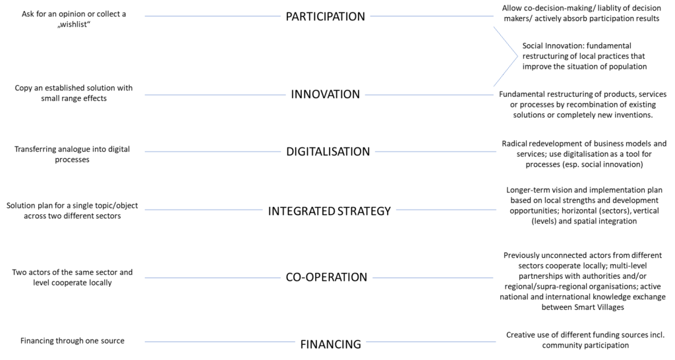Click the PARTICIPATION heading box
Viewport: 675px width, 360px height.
(x=326, y=16)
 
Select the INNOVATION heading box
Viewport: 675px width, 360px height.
(x=326, y=94)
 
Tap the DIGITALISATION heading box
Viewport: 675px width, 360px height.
(x=328, y=151)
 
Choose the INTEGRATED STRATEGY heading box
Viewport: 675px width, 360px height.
(x=330, y=212)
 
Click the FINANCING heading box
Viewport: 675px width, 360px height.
(x=331, y=344)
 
